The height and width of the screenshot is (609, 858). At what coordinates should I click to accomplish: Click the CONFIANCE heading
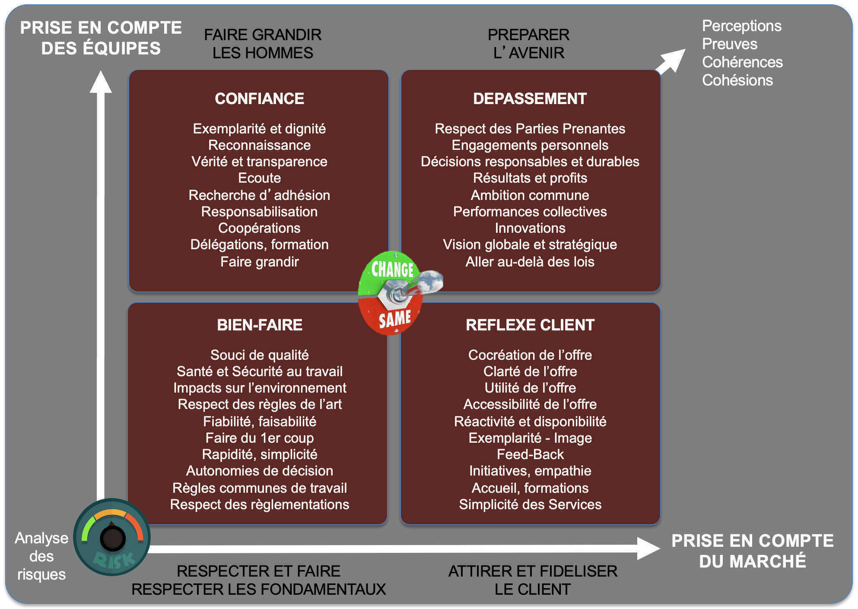(259, 99)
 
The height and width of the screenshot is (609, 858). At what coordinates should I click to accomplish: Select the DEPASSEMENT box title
(530, 99)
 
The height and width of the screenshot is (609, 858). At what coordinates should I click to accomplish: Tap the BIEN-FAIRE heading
(259, 325)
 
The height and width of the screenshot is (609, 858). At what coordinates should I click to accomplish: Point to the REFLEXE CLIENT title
(530, 325)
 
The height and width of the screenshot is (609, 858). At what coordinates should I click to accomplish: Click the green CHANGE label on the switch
(392, 269)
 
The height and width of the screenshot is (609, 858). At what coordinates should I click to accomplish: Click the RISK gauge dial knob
(112, 538)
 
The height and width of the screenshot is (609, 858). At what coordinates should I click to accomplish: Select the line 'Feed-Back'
(530, 454)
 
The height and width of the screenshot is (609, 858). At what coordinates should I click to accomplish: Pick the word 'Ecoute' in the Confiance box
(259, 178)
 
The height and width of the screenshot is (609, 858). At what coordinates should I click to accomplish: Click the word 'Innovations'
(530, 228)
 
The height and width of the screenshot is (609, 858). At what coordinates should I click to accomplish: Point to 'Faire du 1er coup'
(259, 438)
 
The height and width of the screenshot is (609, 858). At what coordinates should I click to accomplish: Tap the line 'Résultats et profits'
(530, 178)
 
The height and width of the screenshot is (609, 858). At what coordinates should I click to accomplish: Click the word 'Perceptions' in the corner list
(741, 26)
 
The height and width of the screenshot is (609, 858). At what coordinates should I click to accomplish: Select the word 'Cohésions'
(737, 80)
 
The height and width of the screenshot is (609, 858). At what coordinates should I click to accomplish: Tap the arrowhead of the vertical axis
(101, 82)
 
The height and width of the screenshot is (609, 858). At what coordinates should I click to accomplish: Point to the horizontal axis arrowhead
(648, 549)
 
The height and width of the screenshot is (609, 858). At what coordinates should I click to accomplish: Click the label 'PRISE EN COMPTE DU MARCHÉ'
(752, 551)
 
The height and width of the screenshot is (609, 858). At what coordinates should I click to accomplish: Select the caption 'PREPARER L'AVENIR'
(528, 44)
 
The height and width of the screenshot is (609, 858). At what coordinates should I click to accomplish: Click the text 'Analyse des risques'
(41, 556)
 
